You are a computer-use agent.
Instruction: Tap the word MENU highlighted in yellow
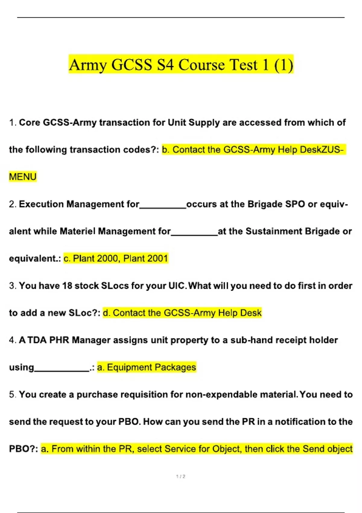pyautogui.click(x=23, y=177)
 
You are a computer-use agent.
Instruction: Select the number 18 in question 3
pyautogui.click(x=67, y=286)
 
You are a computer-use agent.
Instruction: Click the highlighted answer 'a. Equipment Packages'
pyautogui.click(x=147, y=367)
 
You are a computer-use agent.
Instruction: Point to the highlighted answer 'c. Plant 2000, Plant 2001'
pyautogui.click(x=116, y=259)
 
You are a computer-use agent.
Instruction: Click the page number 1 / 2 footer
pyautogui.click(x=181, y=476)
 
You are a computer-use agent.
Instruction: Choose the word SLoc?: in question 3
pyautogui.click(x=84, y=313)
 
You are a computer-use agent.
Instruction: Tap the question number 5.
pyautogui.click(x=12, y=394)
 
